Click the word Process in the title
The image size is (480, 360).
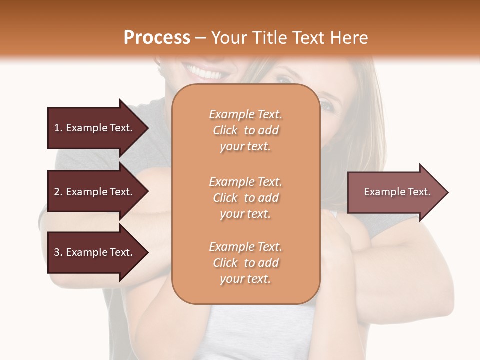157,38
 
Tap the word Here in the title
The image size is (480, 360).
349,38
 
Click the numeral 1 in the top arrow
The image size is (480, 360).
57,128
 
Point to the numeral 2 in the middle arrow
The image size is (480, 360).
57,192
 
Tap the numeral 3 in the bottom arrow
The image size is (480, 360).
57,252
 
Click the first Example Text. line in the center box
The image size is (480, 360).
245,114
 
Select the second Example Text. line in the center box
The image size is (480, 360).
245,181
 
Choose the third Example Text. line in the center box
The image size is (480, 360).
245,247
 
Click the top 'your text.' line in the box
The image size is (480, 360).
245,147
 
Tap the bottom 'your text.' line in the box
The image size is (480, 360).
245,279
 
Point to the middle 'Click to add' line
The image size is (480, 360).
245,198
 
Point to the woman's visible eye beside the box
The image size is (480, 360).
326,105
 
